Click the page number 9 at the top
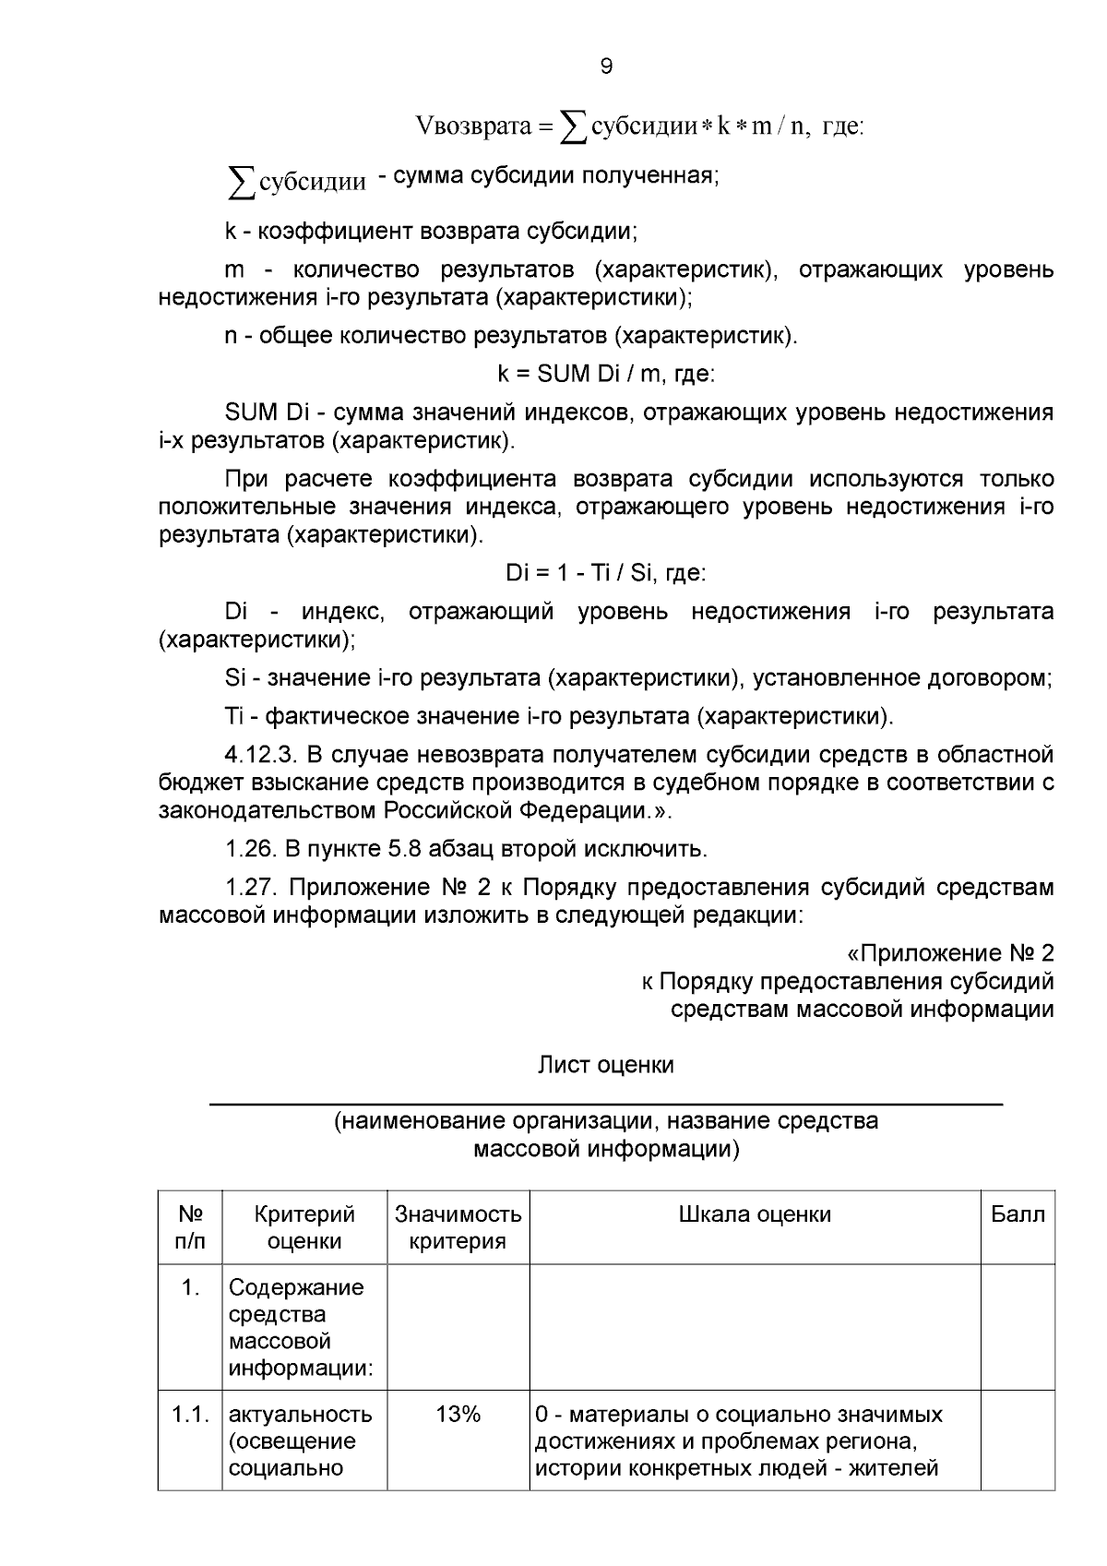tap(605, 66)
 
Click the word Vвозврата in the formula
tap(474, 126)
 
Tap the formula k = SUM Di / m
tap(605, 374)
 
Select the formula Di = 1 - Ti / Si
tap(605, 573)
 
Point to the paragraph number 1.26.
tap(250, 848)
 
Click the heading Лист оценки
tap(605, 1065)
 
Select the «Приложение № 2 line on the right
tap(949, 953)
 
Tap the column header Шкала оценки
tap(755, 1214)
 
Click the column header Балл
tap(1018, 1214)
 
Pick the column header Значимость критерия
tap(458, 1227)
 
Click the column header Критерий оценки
tap(304, 1227)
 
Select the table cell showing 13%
tap(458, 1415)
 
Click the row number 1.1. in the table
tap(190, 1415)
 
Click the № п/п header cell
tap(190, 1227)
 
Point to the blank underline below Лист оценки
tap(605, 1104)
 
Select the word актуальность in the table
tap(300, 1415)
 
